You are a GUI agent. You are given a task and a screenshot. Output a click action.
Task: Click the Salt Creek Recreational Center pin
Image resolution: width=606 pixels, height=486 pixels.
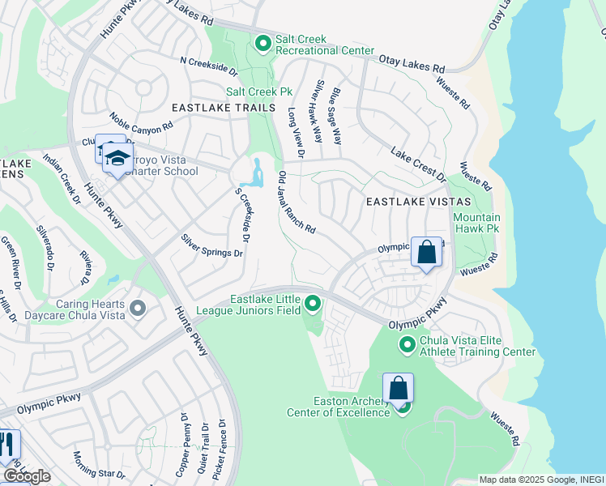262,42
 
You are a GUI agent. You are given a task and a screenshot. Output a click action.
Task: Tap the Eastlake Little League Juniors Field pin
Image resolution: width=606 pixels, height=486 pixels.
313,305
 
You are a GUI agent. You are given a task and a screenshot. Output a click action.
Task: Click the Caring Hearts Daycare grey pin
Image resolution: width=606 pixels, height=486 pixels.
138,308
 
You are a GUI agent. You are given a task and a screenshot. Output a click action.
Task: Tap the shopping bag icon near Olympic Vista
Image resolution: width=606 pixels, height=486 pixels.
426,253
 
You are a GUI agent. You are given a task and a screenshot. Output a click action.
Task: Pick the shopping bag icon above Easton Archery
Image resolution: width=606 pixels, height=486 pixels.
398,389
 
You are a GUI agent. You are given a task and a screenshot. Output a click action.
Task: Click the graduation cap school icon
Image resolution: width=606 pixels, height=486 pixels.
118,158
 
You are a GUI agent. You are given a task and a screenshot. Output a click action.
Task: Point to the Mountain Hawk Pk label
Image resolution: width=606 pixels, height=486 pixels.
476,224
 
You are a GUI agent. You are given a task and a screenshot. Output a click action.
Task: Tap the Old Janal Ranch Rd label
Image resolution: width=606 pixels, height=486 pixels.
297,202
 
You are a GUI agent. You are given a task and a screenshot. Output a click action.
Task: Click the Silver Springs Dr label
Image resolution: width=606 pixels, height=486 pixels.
211,246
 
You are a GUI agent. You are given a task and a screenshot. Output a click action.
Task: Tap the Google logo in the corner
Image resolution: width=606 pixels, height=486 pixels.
27,476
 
